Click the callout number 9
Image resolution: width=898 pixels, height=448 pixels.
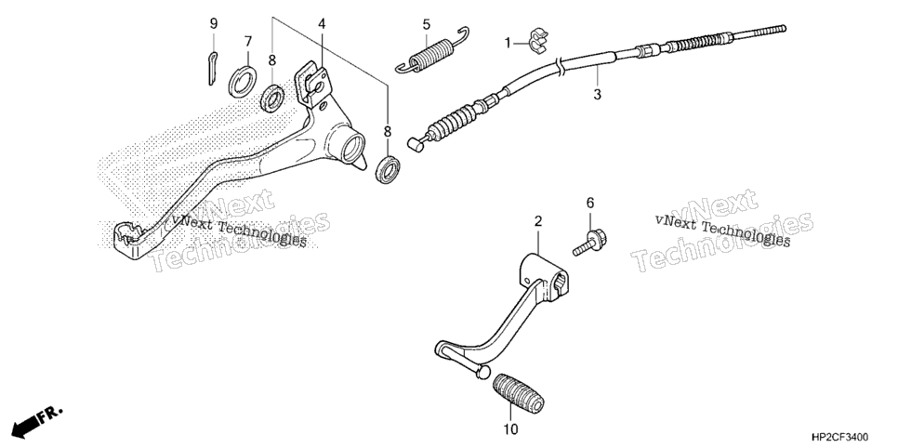tap(214, 23)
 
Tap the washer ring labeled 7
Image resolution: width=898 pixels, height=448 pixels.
tap(243, 82)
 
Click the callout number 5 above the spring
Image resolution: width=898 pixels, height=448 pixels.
tap(426, 25)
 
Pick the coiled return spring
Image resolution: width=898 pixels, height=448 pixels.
tap(432, 51)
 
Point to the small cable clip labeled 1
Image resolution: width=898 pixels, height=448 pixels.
tap(537, 41)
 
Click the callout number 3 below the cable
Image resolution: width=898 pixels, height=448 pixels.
tap(597, 95)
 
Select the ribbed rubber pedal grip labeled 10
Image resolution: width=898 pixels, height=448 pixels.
tap(518, 393)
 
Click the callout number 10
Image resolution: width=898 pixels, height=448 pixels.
tap(511, 428)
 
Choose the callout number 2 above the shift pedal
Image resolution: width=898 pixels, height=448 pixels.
tap(537, 221)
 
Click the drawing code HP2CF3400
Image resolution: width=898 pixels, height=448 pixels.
tap(839, 437)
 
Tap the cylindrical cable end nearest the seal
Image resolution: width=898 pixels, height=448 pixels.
tap(416, 145)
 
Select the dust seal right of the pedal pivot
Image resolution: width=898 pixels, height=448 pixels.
tap(389, 168)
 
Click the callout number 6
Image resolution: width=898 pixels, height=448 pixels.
tap(590, 203)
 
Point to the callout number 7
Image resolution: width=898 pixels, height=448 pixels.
tap(248, 42)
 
